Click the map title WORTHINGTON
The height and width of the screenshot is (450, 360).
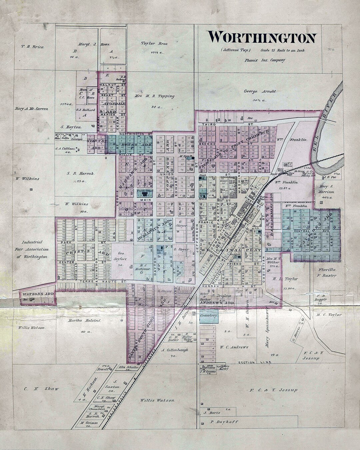pos(261,37)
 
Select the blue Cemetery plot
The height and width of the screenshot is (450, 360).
pos(209,316)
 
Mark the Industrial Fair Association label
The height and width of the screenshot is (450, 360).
pos(32,249)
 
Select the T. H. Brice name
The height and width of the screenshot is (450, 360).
pos(32,47)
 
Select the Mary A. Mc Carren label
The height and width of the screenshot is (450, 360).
pos(32,109)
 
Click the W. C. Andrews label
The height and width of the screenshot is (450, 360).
pos(234,347)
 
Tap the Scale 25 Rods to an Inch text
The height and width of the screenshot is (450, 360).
pos(283,51)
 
